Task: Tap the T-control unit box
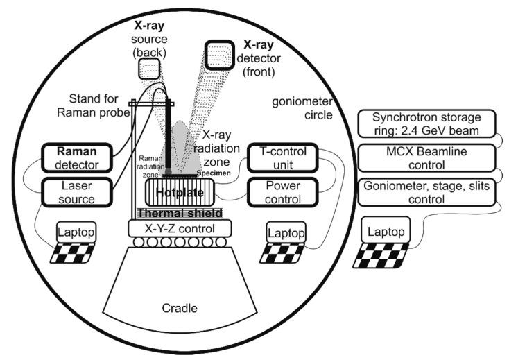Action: point(277,158)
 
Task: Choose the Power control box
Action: point(277,192)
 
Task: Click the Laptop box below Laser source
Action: point(76,230)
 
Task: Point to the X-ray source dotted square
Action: point(150,69)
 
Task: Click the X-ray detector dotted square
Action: point(219,55)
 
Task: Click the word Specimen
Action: point(213,171)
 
